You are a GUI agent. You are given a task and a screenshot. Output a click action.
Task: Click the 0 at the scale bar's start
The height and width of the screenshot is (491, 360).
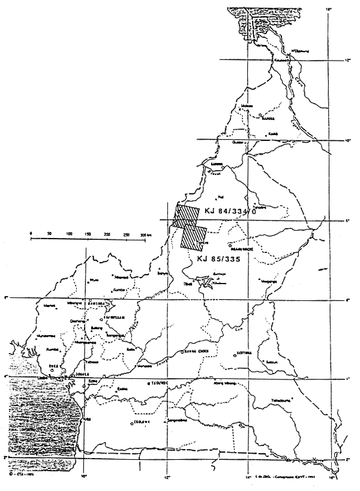31,233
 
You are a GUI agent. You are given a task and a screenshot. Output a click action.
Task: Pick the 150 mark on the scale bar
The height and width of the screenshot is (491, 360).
90,234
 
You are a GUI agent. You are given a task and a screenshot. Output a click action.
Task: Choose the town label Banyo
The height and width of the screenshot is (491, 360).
159,272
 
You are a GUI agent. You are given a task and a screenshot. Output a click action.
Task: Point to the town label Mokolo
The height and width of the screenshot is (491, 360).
245,107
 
